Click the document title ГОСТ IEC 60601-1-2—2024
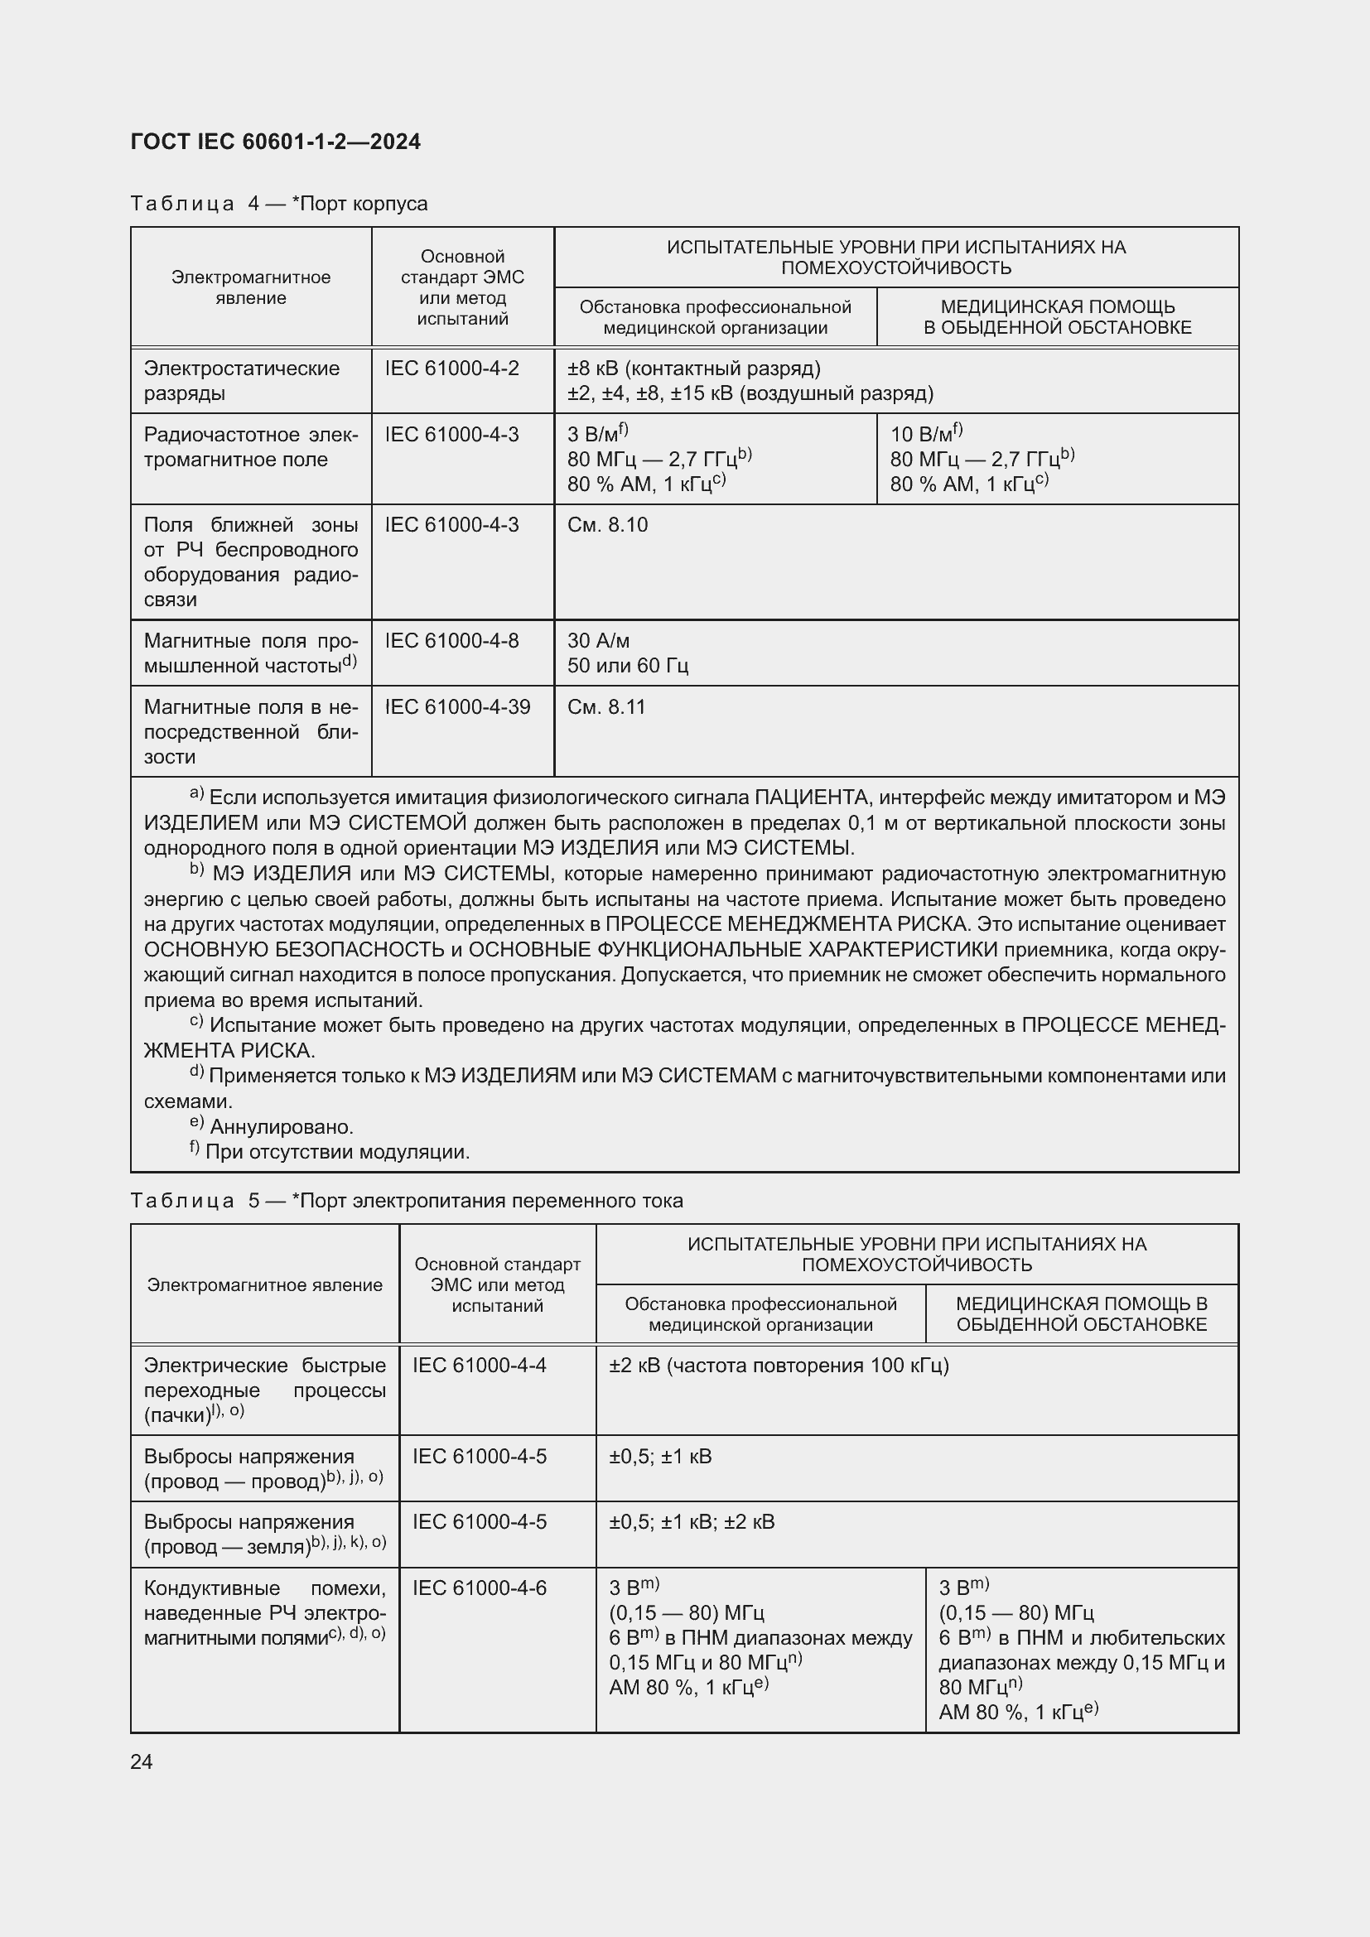click(x=276, y=142)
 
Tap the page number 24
click(x=142, y=1761)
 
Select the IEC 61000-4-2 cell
click(x=452, y=369)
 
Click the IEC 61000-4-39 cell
click(x=457, y=707)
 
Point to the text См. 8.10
click(x=607, y=525)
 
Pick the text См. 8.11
click(x=605, y=707)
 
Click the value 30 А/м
click(x=598, y=640)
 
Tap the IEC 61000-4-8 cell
click(x=452, y=640)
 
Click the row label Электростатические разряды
click(x=241, y=380)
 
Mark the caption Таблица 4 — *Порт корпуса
click(x=279, y=204)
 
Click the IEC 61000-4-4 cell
click(x=479, y=1365)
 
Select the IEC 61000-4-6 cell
click(x=479, y=1588)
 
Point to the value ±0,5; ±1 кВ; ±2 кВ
click(x=692, y=1522)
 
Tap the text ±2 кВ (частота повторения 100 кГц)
click(x=779, y=1365)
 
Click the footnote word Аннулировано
click(x=281, y=1127)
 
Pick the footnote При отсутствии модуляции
click(x=337, y=1153)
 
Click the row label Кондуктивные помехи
click(x=264, y=1612)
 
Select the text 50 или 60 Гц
click(x=628, y=666)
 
